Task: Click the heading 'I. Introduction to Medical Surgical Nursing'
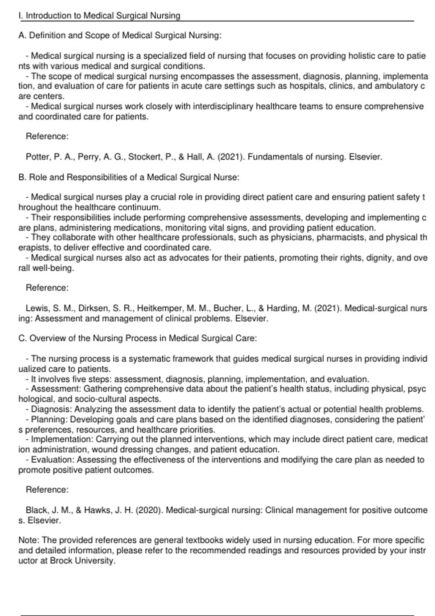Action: point(99,16)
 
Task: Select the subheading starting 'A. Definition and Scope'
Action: point(120,36)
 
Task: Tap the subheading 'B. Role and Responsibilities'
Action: point(129,177)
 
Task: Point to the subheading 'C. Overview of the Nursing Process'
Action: point(137,338)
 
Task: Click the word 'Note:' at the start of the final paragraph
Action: point(29,540)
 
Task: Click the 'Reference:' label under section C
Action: point(47,490)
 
